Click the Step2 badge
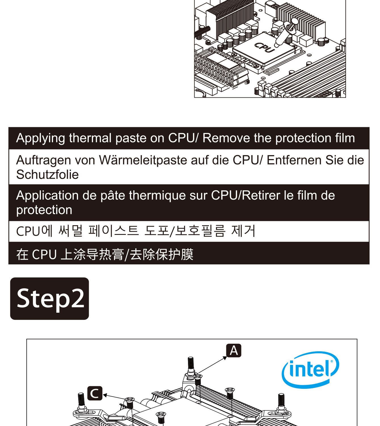point(50,298)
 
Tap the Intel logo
point(310,370)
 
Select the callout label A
point(234,350)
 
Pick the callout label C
point(95,393)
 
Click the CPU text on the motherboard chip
point(265,47)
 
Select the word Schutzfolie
point(47,175)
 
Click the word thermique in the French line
point(157,195)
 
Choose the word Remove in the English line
point(226,138)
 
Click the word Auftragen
point(43,160)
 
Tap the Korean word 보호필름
point(200,231)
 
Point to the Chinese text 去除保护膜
point(161,254)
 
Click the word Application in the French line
point(47,195)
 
